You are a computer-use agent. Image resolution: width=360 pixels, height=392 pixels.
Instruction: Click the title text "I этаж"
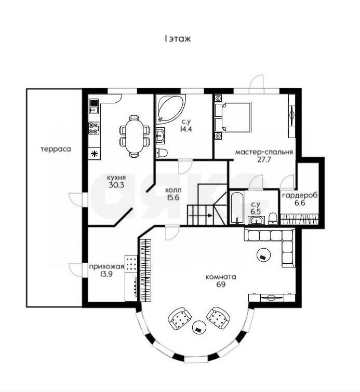tap(178, 38)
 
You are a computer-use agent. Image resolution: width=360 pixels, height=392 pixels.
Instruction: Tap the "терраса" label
tap(56, 149)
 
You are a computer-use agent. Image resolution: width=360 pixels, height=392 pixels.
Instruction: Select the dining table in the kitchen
tap(135, 136)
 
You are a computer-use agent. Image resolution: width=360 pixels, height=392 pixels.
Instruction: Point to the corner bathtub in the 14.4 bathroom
tap(170, 107)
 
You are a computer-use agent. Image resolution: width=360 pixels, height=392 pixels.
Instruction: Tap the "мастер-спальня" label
tap(264, 152)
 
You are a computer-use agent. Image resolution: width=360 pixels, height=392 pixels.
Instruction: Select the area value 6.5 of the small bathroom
tap(255, 212)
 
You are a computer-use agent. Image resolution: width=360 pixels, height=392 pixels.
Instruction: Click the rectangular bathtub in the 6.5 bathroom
tap(237, 208)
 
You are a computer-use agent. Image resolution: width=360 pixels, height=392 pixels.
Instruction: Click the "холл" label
tap(173, 190)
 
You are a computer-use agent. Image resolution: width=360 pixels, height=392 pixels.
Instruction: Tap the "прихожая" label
tap(106, 267)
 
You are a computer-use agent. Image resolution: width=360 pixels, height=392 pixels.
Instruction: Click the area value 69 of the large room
tap(220, 285)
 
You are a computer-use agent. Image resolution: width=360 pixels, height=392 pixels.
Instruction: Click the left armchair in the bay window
tap(180, 318)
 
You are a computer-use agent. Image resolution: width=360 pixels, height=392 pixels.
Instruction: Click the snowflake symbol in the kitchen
tap(94, 153)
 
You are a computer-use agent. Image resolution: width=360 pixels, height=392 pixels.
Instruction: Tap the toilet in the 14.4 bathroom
tap(162, 153)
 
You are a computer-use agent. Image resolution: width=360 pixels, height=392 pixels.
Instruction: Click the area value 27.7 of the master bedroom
tap(264, 160)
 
